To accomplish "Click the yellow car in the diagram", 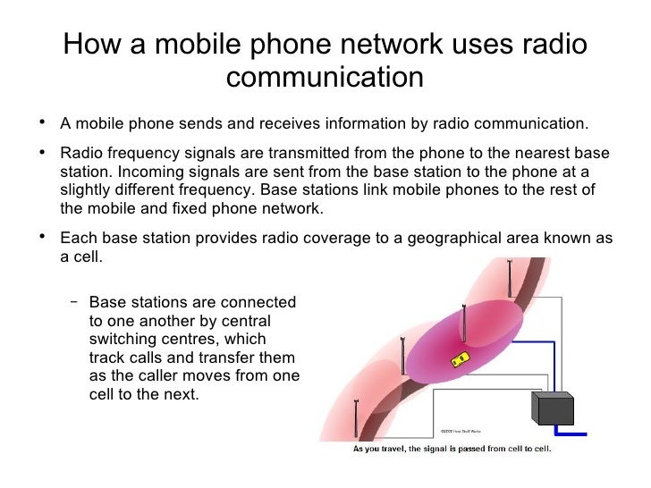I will tap(461, 359).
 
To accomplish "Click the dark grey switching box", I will tap(553, 408).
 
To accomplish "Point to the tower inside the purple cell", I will tap(464, 326).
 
